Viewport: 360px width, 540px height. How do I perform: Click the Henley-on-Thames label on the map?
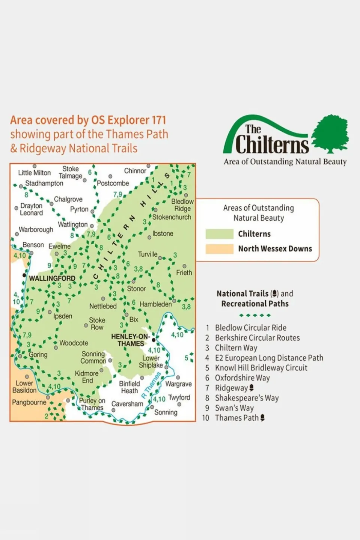(x=130, y=340)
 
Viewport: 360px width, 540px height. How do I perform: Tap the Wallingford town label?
(x=52, y=278)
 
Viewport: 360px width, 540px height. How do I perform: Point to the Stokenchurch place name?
(x=172, y=217)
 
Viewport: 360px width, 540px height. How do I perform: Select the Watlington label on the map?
(x=73, y=224)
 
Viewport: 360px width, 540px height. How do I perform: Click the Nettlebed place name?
(x=103, y=306)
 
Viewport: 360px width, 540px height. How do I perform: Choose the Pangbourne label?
(x=29, y=402)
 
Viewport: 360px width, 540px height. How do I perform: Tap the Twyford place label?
(x=179, y=397)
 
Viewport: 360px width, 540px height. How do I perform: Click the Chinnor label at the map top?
(x=135, y=171)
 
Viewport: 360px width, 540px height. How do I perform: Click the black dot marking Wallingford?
(x=24, y=275)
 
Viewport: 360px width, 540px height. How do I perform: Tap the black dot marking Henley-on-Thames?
(x=154, y=340)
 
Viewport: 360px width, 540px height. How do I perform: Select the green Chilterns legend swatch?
(x=219, y=234)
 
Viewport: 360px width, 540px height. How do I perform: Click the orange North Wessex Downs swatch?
(x=219, y=249)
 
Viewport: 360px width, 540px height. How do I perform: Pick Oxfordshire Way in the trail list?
(x=242, y=378)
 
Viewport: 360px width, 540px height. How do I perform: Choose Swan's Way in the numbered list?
(x=234, y=408)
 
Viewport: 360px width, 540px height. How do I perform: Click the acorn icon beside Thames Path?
(x=262, y=418)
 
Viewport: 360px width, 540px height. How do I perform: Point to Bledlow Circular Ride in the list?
(x=250, y=328)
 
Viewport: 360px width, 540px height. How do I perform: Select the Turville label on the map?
(x=148, y=254)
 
